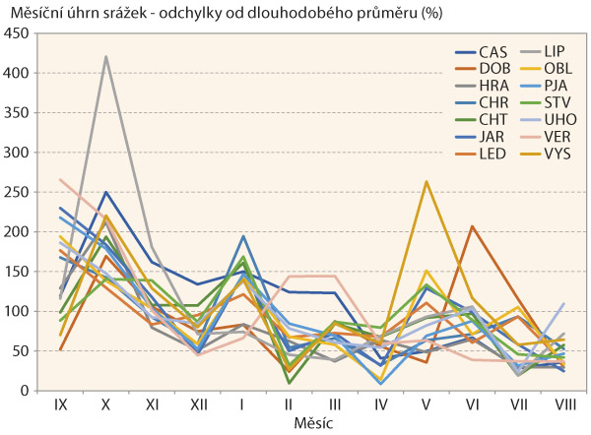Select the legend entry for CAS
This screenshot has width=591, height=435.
tap(493, 52)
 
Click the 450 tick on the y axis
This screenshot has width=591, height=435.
tap(16, 33)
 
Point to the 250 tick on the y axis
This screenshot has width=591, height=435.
tap(16, 192)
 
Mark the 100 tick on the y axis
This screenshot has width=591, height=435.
tap(16, 311)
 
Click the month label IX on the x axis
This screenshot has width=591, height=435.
tap(60, 404)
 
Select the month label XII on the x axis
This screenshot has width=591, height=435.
tap(197, 404)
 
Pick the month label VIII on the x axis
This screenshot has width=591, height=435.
tap(562, 404)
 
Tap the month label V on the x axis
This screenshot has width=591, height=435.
tap(427, 404)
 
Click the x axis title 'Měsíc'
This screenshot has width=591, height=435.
tap(311, 422)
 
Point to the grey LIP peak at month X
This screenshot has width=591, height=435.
tap(105, 57)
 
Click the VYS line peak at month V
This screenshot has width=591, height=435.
tap(426, 181)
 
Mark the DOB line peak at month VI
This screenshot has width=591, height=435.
tap(472, 226)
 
